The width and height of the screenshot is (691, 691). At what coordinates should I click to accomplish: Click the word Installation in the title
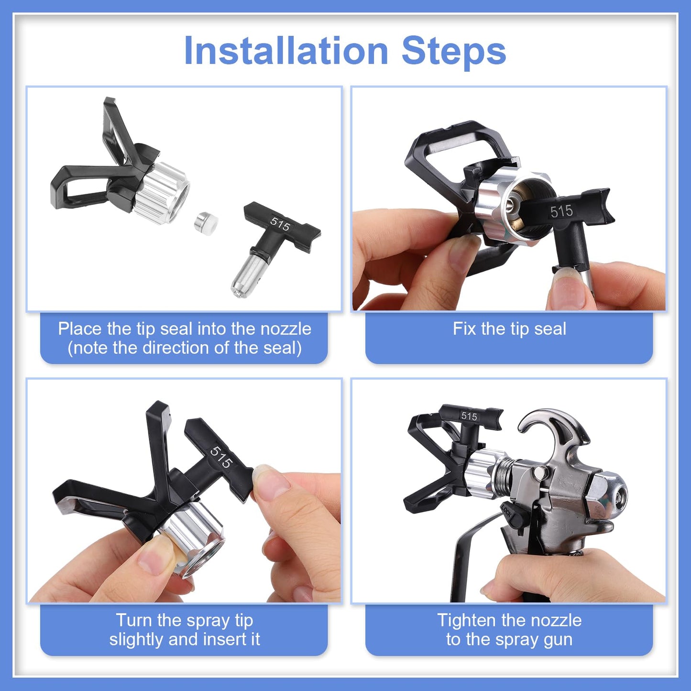click(285, 51)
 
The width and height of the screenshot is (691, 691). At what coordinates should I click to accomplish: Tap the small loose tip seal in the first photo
click(206, 221)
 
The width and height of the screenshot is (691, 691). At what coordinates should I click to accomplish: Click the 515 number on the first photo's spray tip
click(280, 224)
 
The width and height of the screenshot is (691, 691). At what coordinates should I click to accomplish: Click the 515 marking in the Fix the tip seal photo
click(561, 211)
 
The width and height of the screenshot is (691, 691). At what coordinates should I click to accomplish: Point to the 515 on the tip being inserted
click(221, 457)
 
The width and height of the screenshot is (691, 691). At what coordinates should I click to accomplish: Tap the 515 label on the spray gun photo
click(469, 416)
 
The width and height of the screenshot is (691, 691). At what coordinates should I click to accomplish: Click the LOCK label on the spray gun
click(507, 515)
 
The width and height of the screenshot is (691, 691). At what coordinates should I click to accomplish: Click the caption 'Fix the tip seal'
click(509, 329)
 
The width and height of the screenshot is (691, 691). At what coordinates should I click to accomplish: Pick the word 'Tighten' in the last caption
click(466, 620)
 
